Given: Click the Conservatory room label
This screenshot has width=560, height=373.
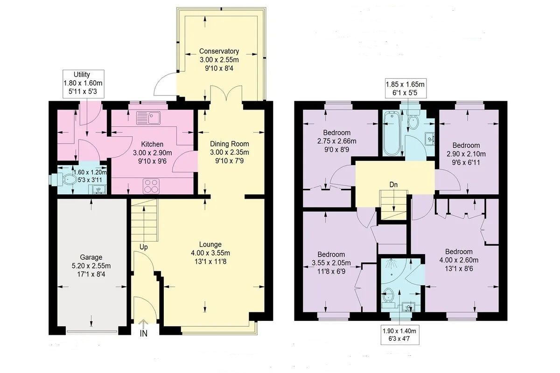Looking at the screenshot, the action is coord(219,51).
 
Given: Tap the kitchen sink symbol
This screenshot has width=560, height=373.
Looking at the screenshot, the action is coord(148,118).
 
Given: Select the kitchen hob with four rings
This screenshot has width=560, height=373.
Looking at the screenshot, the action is coord(151,186).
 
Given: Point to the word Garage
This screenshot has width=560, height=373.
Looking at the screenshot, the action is coord(91,257).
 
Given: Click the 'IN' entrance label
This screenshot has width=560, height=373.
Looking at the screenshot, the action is coord(144,333).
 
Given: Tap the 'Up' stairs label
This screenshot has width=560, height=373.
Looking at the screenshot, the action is coord(144,247).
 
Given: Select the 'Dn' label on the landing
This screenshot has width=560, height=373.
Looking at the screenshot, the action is coord(393,185).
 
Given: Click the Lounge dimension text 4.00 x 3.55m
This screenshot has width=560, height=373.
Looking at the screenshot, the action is coord(210,253).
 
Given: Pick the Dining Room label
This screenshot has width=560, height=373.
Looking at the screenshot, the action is coord(230,144).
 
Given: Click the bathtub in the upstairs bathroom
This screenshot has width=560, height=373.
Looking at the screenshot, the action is coord(392,133).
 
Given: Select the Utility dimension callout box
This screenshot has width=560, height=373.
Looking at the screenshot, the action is coord(83,83).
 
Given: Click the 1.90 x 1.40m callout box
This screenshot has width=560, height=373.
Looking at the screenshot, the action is coord(400,335).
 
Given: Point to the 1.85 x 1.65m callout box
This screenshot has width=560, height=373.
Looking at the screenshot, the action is coord(405,89).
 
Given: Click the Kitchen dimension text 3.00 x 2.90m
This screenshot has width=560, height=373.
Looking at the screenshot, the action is coord(153,152).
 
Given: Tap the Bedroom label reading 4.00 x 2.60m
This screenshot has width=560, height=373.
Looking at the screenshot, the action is coord(459,260).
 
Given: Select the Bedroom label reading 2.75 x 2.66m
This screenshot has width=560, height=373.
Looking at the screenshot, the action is coord(337,141).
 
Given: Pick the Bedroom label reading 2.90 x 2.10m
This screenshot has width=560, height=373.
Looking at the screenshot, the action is coord(466,154).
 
